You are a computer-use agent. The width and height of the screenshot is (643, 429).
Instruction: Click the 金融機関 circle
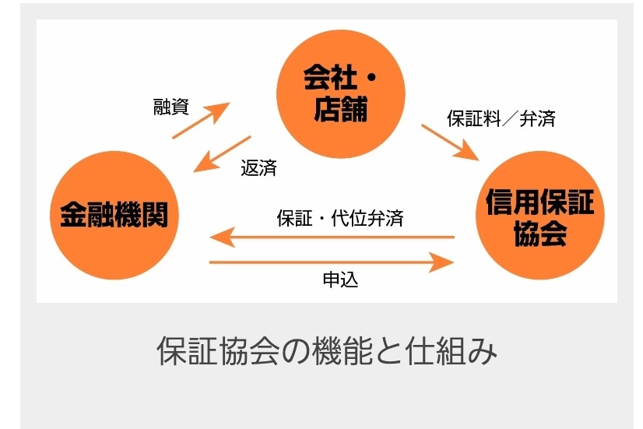pos(114,216)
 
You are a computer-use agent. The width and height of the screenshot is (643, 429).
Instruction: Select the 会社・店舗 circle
pos(341,94)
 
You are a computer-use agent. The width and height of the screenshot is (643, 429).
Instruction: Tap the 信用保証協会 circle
pos(540,216)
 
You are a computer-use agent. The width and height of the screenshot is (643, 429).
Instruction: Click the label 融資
pos(171,107)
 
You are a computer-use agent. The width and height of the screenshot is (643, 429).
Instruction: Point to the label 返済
pos(258,167)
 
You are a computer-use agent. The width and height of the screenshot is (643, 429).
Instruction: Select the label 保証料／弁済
pos(501,119)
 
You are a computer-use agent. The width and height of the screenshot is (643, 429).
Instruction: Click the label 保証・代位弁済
pos(340,218)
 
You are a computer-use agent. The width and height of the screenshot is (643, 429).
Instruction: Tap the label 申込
pos(340,280)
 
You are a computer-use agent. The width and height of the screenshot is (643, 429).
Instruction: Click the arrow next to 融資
pos(201,120)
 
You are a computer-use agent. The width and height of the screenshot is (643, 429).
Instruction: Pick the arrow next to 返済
pos(222,154)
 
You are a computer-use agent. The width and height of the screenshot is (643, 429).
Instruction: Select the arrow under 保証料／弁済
pos(450,142)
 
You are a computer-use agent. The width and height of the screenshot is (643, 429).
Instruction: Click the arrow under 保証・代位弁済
pos(332,237)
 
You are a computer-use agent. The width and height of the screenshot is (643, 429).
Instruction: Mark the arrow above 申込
pos(332,262)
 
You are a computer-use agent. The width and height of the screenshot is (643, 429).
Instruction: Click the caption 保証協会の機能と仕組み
pos(327,351)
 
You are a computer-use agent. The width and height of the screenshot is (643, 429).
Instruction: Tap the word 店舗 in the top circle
pos(340,109)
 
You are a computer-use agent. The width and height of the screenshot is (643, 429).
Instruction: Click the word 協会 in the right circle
pos(540,233)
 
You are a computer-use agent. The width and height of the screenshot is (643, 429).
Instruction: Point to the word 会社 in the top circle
pos(330,78)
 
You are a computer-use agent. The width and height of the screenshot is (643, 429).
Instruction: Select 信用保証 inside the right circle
pos(540,202)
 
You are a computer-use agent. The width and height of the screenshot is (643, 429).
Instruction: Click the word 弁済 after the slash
pos(538,119)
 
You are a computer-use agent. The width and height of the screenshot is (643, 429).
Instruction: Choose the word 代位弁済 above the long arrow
pos(367,218)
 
